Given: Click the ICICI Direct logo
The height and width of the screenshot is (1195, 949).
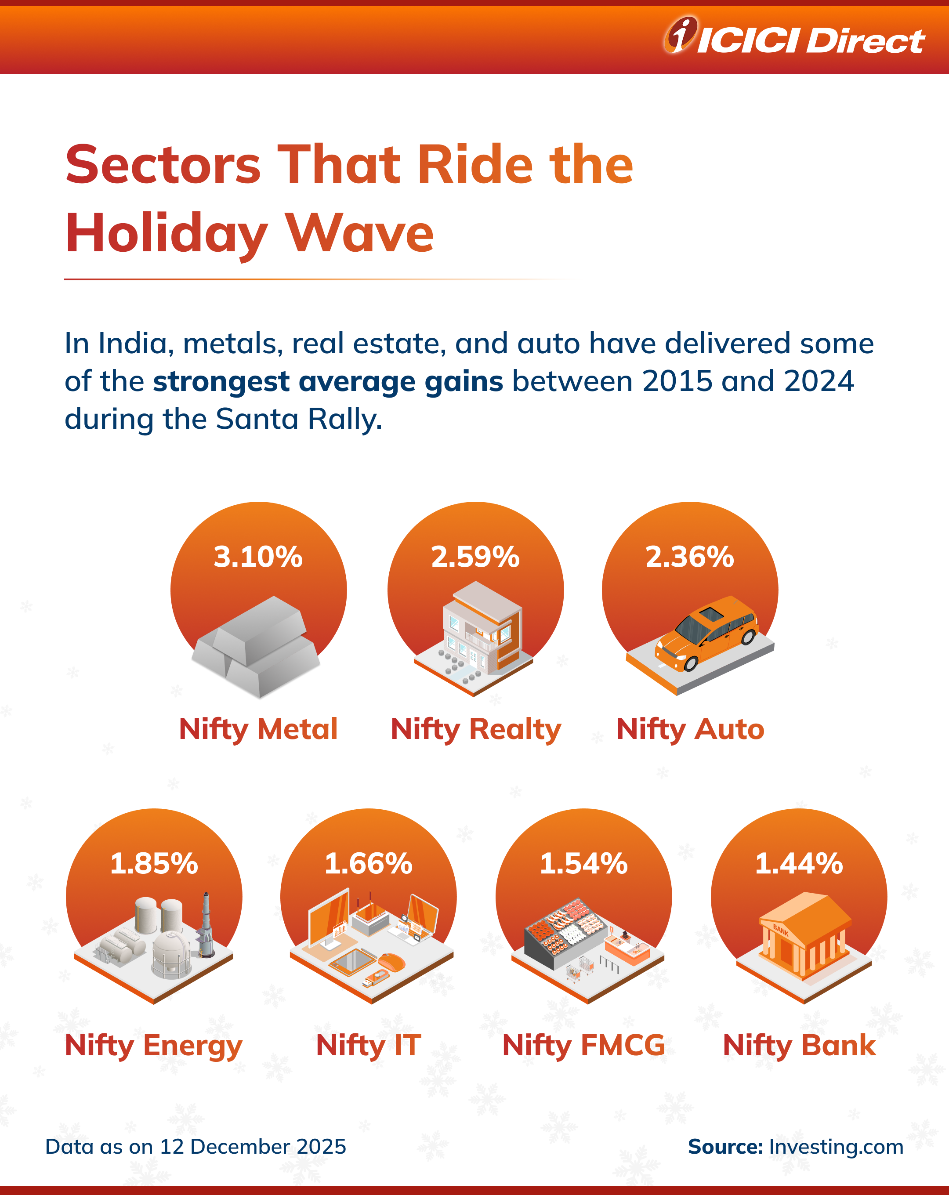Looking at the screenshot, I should pyautogui.click(x=794, y=38).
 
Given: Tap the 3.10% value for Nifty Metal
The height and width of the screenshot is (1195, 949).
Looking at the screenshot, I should pyautogui.click(x=258, y=557).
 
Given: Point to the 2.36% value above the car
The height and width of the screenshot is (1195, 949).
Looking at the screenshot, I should pyautogui.click(x=690, y=557).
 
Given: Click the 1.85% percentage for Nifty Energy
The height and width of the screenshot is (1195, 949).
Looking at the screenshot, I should pyautogui.click(x=154, y=864).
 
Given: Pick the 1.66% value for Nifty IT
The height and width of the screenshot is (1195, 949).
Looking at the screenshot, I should pyautogui.click(x=369, y=864).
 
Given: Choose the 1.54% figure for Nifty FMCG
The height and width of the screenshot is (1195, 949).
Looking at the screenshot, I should pyautogui.click(x=584, y=864).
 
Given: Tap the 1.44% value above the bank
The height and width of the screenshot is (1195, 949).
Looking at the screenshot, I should pyautogui.click(x=799, y=864).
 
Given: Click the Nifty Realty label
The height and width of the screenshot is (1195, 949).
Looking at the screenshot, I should pyautogui.click(x=476, y=729).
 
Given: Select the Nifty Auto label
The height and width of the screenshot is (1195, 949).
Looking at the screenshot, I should pyautogui.click(x=690, y=729).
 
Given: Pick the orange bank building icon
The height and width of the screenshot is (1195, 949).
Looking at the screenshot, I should pyautogui.click(x=804, y=937).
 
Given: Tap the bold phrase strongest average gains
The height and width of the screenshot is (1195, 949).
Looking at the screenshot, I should pyautogui.click(x=328, y=381).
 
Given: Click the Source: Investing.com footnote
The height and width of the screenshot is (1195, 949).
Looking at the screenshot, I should pyautogui.click(x=796, y=1146).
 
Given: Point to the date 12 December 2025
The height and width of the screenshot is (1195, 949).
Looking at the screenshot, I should pyautogui.click(x=253, y=1146).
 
